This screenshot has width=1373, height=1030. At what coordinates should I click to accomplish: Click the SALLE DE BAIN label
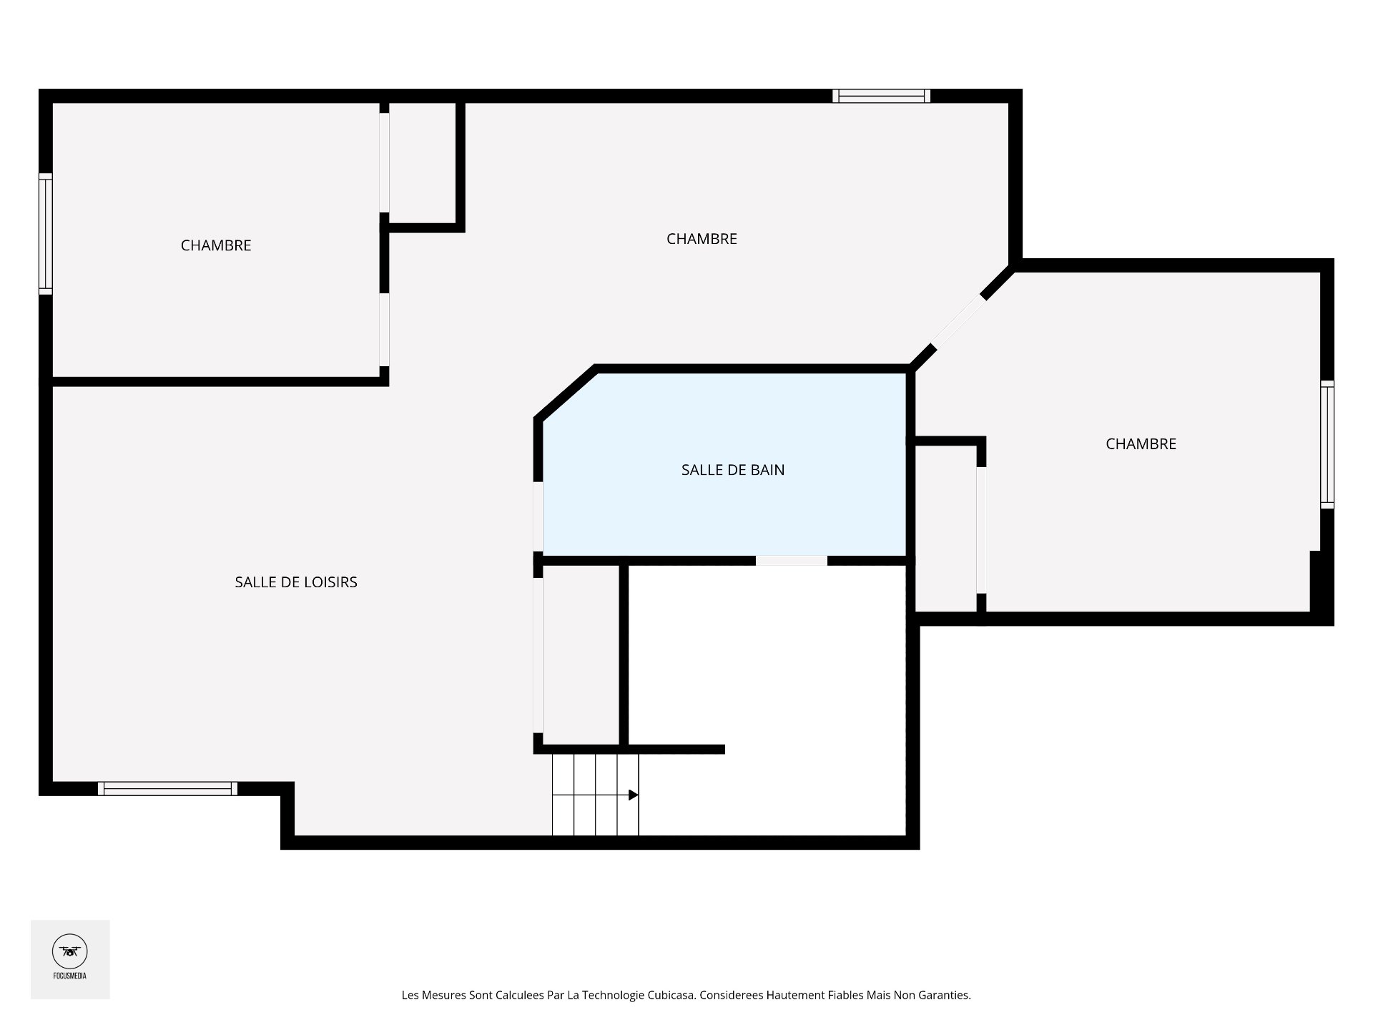coord(733,470)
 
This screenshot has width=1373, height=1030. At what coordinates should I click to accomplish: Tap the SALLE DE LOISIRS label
coord(296,582)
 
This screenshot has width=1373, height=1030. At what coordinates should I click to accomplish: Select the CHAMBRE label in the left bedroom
coord(216,245)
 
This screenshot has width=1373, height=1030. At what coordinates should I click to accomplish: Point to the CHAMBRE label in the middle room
coord(702,239)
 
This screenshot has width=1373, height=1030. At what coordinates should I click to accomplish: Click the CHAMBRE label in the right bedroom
coord(1141,444)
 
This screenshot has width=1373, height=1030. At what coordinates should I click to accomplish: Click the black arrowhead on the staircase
coord(633,795)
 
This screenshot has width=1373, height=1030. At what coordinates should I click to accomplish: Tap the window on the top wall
coord(882,97)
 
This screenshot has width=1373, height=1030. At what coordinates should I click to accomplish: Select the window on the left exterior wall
coord(46,234)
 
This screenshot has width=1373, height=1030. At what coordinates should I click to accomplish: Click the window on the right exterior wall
coord(1327,444)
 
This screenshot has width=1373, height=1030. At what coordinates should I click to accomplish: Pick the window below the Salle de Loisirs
coord(168,788)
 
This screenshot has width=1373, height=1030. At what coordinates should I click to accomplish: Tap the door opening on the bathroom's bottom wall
coord(792,561)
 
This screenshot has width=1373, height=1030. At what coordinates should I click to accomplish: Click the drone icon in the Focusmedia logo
coord(70,951)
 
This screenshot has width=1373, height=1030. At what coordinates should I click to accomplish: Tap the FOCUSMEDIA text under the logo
coord(70,976)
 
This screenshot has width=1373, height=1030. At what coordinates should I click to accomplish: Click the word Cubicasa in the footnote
coord(671,995)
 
